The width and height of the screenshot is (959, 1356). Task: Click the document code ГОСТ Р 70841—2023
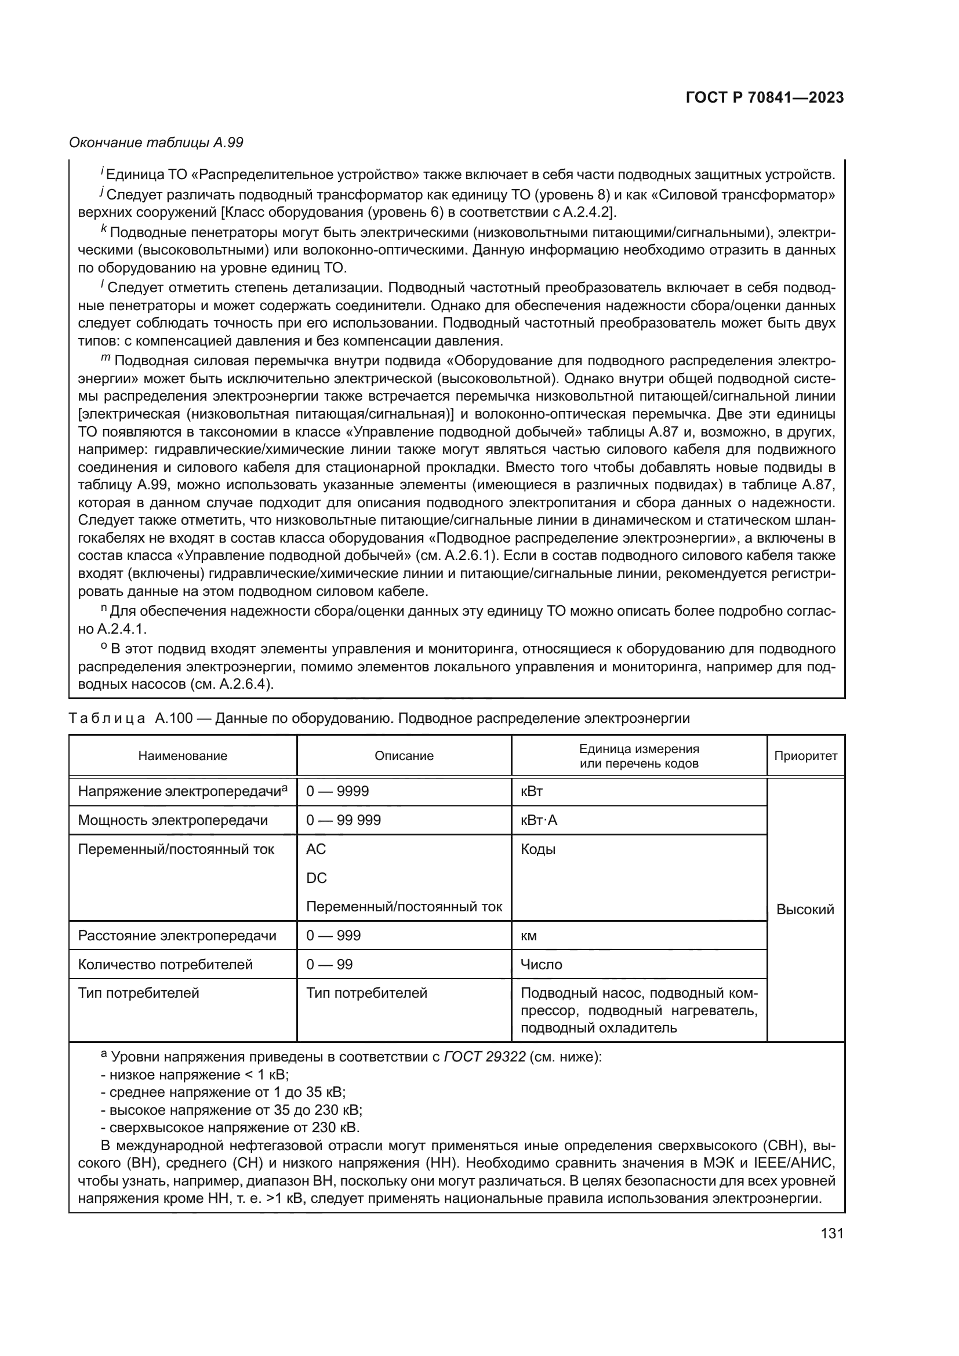(765, 97)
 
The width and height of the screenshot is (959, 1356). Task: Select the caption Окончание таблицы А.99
(156, 143)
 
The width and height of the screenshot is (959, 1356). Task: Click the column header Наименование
(183, 756)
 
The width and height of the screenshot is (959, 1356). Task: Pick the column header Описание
(404, 756)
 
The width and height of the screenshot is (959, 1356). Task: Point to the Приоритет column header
(805, 756)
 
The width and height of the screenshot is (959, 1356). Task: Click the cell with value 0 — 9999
(337, 791)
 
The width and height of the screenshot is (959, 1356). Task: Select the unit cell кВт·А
(539, 820)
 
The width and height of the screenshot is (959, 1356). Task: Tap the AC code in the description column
(316, 849)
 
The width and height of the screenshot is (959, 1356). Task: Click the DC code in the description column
(317, 878)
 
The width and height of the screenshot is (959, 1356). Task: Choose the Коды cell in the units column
(538, 849)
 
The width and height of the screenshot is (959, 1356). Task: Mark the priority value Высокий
(805, 910)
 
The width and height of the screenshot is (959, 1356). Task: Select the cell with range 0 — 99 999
(343, 820)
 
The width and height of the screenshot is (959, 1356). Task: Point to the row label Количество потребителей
(165, 965)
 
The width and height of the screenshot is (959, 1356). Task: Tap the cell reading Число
(541, 965)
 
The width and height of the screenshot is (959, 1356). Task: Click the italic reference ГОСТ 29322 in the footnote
(484, 1057)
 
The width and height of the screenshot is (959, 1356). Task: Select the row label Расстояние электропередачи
(177, 936)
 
